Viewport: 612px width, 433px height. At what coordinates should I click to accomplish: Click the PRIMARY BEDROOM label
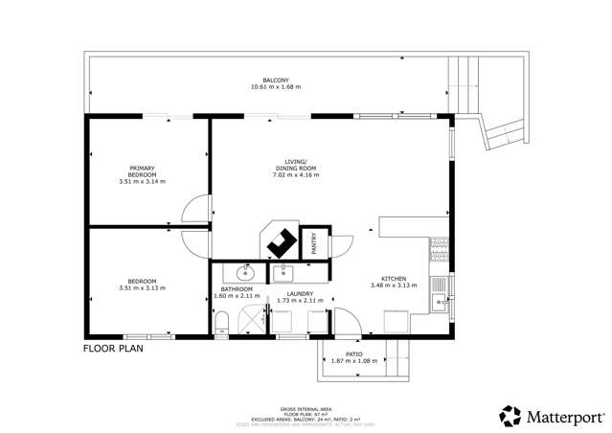142,171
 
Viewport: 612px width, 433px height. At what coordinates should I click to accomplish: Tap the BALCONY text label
276,80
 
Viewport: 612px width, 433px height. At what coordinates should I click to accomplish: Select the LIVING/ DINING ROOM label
294,166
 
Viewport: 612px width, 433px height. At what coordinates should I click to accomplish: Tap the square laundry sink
284,273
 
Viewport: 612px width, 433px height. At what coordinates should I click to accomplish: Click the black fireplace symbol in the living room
281,242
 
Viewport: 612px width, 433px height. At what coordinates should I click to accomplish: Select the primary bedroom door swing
195,207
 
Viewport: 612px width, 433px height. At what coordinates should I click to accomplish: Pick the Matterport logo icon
510,416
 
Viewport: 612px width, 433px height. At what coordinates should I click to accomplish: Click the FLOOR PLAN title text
113,349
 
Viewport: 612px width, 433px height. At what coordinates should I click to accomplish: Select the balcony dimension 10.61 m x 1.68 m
276,87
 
